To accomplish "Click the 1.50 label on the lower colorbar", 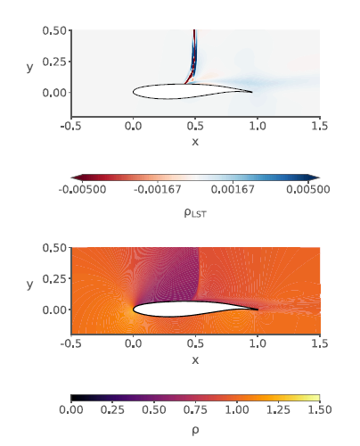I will (x=319, y=410).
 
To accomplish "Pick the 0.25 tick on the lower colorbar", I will (x=112, y=410).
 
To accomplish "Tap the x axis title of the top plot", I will (x=195, y=142).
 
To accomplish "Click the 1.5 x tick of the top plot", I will (x=319, y=128).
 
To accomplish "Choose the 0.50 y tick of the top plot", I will (x=55, y=30).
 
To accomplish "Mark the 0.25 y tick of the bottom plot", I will (x=55, y=278).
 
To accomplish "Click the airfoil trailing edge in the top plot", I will (x=253, y=92).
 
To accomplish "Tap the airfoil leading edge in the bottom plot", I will (x=133, y=310).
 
